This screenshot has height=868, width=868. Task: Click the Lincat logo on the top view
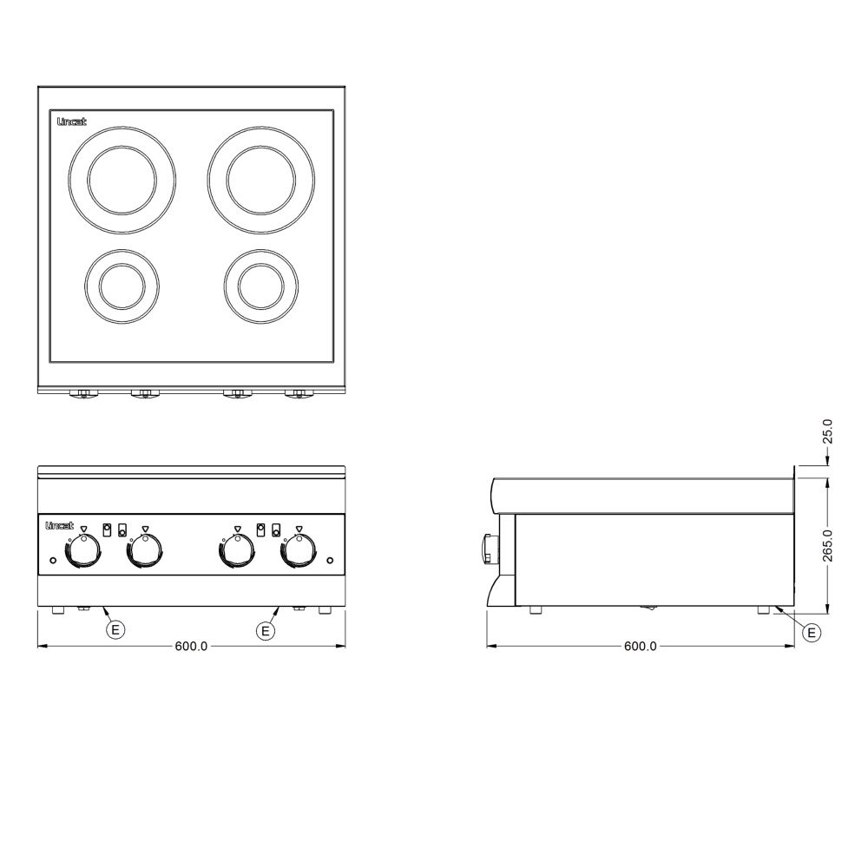pyautogui.click(x=72, y=122)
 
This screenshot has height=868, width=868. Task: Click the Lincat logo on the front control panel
pyautogui.click(x=59, y=525)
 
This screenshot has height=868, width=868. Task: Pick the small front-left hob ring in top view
pyautogui.click(x=122, y=249)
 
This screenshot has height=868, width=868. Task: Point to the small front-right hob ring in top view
pyautogui.click(x=261, y=249)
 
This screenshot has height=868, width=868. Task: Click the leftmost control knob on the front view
pyautogui.click(x=83, y=551)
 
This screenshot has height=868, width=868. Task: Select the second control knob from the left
pyautogui.click(x=145, y=551)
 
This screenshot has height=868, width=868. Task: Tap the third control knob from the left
pyautogui.click(x=237, y=551)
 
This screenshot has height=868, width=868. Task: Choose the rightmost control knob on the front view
pyautogui.click(x=299, y=551)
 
